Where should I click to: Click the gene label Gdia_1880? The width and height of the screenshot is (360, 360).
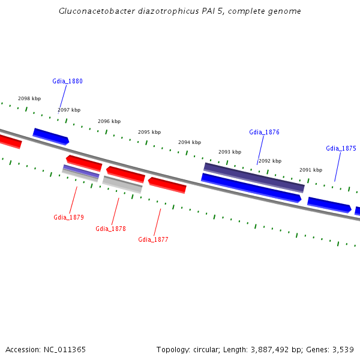(x=67, y=81)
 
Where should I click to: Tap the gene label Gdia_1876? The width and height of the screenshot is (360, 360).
(x=264, y=132)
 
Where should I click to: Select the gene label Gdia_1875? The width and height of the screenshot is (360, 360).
(x=341, y=148)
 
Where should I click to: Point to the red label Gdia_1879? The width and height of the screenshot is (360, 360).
(x=68, y=217)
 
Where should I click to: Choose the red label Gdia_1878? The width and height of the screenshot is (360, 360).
(x=110, y=229)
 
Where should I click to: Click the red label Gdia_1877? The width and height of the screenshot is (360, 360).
(x=153, y=239)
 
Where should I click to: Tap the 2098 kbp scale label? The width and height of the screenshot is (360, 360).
(x=29, y=98)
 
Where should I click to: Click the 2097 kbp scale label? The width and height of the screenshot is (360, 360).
(x=69, y=110)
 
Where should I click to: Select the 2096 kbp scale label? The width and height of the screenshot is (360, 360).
(x=109, y=121)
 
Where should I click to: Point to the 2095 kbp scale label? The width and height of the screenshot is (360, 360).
(x=149, y=132)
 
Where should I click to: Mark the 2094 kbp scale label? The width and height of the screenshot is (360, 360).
(x=190, y=142)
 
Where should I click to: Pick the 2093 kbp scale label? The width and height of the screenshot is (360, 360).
(x=230, y=152)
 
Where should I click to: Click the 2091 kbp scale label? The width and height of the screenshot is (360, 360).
(x=311, y=170)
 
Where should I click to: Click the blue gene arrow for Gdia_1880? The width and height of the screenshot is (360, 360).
(x=51, y=136)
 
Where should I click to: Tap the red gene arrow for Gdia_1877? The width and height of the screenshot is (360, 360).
(x=167, y=185)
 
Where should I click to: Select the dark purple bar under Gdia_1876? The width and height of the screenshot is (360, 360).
(x=254, y=177)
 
